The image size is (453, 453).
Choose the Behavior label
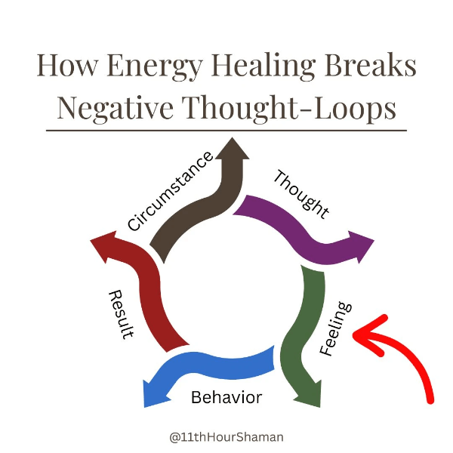coord(226,397)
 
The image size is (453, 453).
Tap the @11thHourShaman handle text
coord(226,436)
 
